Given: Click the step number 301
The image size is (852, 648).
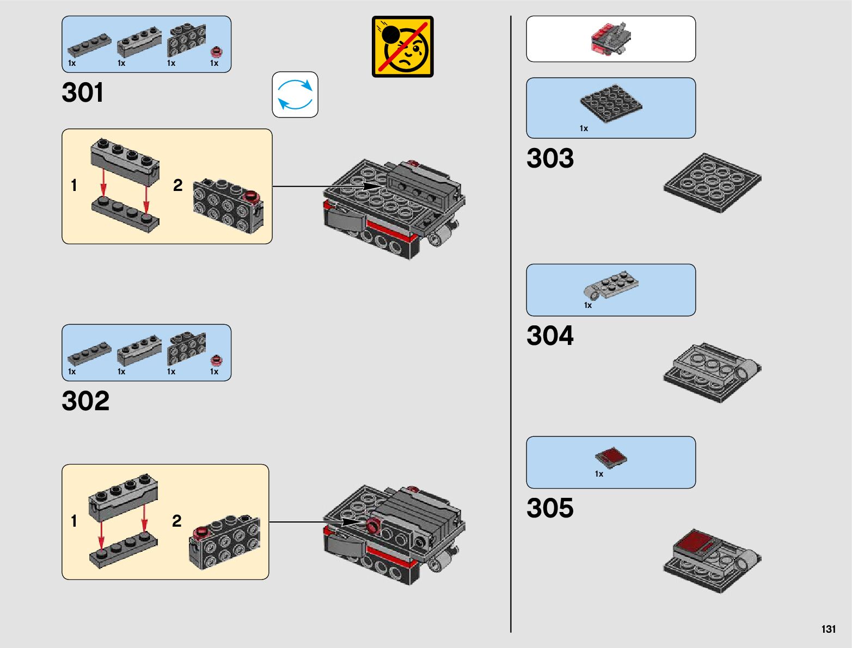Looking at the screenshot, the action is (x=83, y=92).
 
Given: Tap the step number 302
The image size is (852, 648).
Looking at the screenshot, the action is (x=85, y=401).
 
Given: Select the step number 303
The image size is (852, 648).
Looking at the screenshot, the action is (x=550, y=158).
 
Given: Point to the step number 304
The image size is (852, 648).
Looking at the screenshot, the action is (x=550, y=336).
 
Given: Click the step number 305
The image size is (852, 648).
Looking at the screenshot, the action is (x=550, y=508).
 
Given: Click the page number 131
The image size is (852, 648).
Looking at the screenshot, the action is (x=828, y=629).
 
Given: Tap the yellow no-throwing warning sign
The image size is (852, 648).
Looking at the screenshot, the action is (x=403, y=47).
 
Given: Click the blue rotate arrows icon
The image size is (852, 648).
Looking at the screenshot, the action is (x=295, y=95).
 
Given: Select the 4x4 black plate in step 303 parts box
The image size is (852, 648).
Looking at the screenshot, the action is (x=611, y=103).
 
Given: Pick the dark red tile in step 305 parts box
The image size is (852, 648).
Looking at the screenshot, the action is (x=611, y=457).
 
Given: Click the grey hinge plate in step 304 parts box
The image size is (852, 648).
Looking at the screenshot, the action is (x=611, y=284).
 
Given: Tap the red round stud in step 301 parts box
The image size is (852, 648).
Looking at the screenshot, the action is (x=217, y=52).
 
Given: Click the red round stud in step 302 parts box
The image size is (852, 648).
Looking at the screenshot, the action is (x=217, y=360).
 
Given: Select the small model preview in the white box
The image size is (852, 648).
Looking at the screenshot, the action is (x=611, y=39).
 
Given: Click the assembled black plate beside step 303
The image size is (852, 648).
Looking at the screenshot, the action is (x=712, y=182).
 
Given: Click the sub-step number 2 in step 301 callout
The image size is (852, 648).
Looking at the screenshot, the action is (x=177, y=186).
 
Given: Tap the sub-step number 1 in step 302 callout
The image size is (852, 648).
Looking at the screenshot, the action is (x=74, y=521).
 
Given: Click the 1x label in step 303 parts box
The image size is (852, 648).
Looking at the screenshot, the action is (x=584, y=128).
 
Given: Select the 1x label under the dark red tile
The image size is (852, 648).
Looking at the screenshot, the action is (x=599, y=474).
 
